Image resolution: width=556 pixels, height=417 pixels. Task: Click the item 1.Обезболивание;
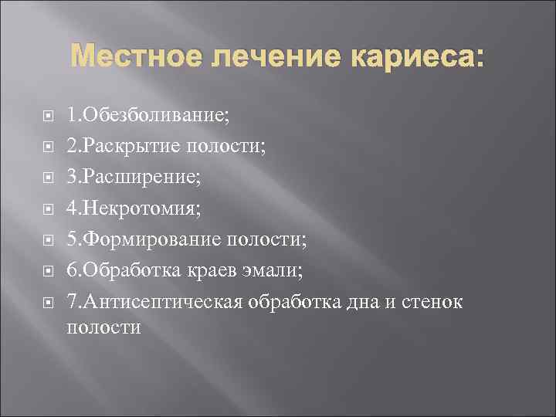(147, 116)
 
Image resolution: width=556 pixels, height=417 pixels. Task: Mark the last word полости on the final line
(104, 327)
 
